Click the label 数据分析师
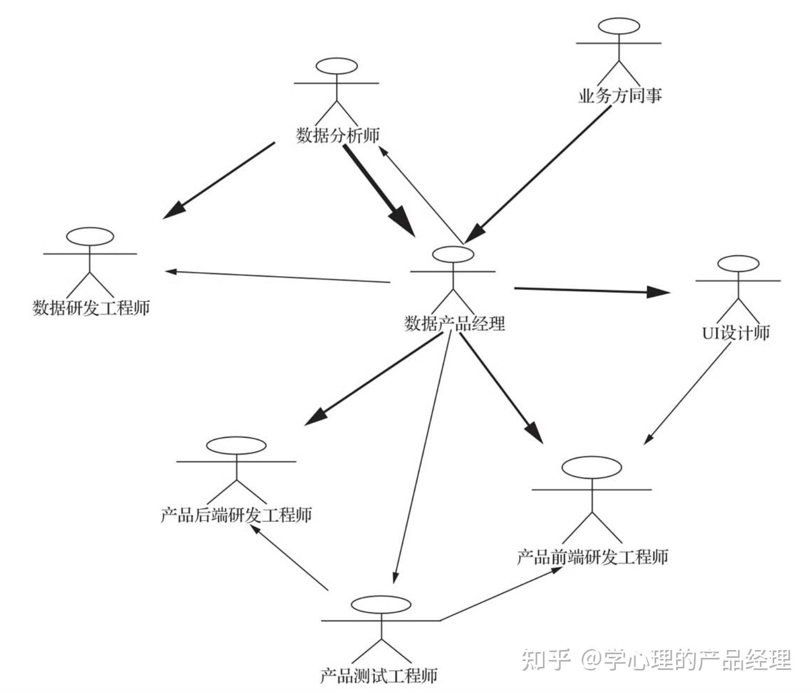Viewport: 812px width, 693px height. click(337, 136)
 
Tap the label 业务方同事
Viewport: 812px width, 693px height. click(619, 96)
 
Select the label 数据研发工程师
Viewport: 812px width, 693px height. click(91, 307)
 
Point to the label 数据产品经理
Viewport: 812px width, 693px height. click(454, 323)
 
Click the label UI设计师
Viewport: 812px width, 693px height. click(735, 332)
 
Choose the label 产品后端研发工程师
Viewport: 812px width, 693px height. click(236, 515)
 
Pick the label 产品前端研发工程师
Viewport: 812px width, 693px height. click(592, 557)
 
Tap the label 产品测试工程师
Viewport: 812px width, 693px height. click(378, 676)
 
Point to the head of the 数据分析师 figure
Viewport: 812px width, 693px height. click(337, 67)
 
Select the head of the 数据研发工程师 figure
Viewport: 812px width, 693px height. click(90, 236)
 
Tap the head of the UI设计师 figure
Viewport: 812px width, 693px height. click(738, 263)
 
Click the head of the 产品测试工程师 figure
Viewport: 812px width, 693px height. click(381, 604)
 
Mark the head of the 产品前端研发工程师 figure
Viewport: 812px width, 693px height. click(592, 468)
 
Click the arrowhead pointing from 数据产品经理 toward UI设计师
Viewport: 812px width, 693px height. click(659, 292)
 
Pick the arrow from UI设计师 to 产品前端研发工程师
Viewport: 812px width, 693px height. click(687, 393)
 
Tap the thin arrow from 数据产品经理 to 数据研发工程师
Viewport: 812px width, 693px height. click(278, 276)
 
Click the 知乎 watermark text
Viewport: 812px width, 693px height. click(546, 659)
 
